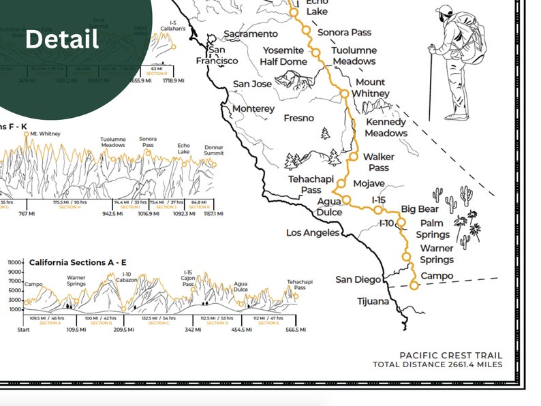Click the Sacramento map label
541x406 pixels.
click(x=251, y=34)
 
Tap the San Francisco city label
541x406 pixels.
click(x=223, y=55)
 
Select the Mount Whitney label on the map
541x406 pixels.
click(x=371, y=88)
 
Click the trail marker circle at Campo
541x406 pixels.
click(x=414, y=285)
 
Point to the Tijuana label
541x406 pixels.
click(x=373, y=301)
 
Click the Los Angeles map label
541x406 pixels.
click(x=312, y=233)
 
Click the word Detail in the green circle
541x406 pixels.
click(x=62, y=39)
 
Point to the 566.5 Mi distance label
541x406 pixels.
click(x=294, y=330)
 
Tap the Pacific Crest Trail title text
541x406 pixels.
click(x=451, y=355)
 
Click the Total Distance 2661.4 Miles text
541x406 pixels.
click(x=437, y=364)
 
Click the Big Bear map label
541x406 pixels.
click(x=419, y=209)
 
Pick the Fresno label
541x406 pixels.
click(x=298, y=119)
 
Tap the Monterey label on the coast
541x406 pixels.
click(x=253, y=109)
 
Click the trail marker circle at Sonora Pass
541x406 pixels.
click(x=306, y=31)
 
